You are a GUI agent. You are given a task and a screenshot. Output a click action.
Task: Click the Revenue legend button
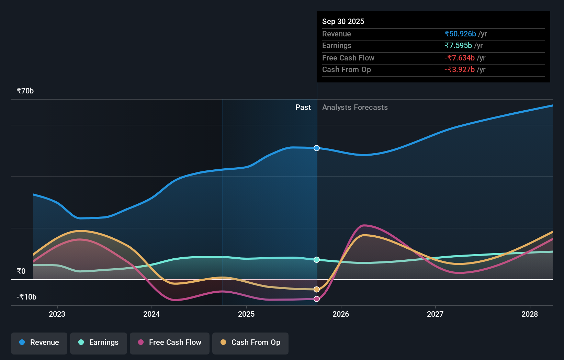click(x=39, y=342)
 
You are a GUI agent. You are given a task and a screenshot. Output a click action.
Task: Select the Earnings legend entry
click(x=99, y=342)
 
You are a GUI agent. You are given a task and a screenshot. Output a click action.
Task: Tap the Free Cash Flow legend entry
click(x=170, y=342)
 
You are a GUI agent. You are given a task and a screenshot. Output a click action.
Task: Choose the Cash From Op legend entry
click(x=250, y=342)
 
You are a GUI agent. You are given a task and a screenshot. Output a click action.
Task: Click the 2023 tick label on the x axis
click(x=57, y=314)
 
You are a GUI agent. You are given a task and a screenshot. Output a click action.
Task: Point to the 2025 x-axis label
click(x=246, y=314)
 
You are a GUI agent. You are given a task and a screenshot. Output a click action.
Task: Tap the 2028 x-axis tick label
click(x=530, y=314)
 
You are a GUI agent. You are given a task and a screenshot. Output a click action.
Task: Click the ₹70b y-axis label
click(x=25, y=91)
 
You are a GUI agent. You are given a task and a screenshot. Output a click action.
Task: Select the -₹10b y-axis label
click(x=26, y=297)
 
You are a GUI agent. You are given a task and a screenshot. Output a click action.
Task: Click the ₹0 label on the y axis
click(x=21, y=271)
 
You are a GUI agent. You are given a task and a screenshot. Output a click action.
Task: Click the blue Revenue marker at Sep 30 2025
click(x=317, y=148)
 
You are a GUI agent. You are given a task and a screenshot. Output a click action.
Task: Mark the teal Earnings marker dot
click(x=317, y=260)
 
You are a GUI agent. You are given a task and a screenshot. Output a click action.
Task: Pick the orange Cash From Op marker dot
click(x=317, y=290)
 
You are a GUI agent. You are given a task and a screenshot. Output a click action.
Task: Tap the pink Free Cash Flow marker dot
click(x=317, y=299)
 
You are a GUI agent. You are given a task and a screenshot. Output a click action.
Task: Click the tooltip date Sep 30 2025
click(x=343, y=21)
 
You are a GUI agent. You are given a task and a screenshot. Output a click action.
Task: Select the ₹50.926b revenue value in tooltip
click(x=460, y=34)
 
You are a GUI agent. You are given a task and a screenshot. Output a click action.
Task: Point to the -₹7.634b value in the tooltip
click(x=460, y=58)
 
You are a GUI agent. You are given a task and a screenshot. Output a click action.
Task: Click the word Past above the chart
click(x=303, y=108)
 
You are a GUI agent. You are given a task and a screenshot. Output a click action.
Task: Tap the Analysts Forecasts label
click(x=355, y=108)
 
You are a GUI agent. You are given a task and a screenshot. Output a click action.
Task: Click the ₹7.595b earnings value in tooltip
click(x=458, y=45)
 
